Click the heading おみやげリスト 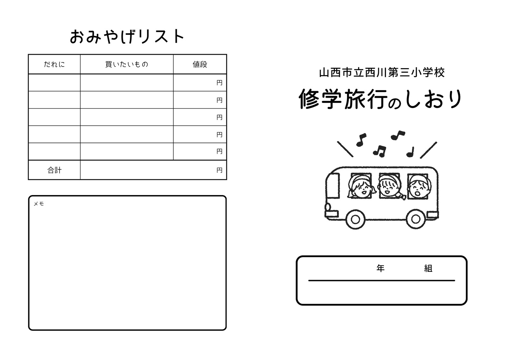(x=127, y=36)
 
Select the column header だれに (x=54, y=64)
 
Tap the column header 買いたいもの (x=127, y=64)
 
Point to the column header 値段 (x=200, y=64)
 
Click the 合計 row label (x=54, y=170)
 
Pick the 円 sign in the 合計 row (x=219, y=170)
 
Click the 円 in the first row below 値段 (x=219, y=82)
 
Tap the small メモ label (x=38, y=204)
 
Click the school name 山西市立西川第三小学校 (x=382, y=73)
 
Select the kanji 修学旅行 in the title (x=343, y=99)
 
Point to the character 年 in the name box (x=380, y=268)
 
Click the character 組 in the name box (x=428, y=268)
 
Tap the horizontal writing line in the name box (x=381, y=281)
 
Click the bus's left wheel (x=355, y=219)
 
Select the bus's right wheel (x=415, y=219)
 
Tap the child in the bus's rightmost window (x=419, y=187)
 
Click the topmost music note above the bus (x=398, y=135)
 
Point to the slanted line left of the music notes (x=345, y=149)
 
